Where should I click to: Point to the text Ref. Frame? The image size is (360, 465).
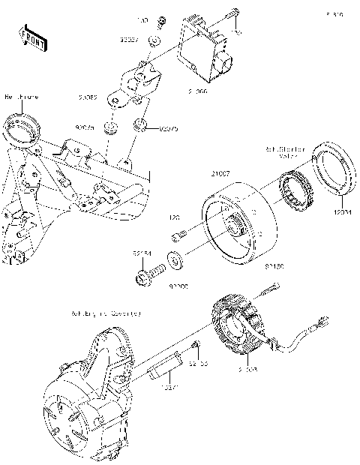point(21,97)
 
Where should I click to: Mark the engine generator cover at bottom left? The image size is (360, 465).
point(82,397)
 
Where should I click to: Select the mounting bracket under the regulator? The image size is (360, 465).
point(142,81)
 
